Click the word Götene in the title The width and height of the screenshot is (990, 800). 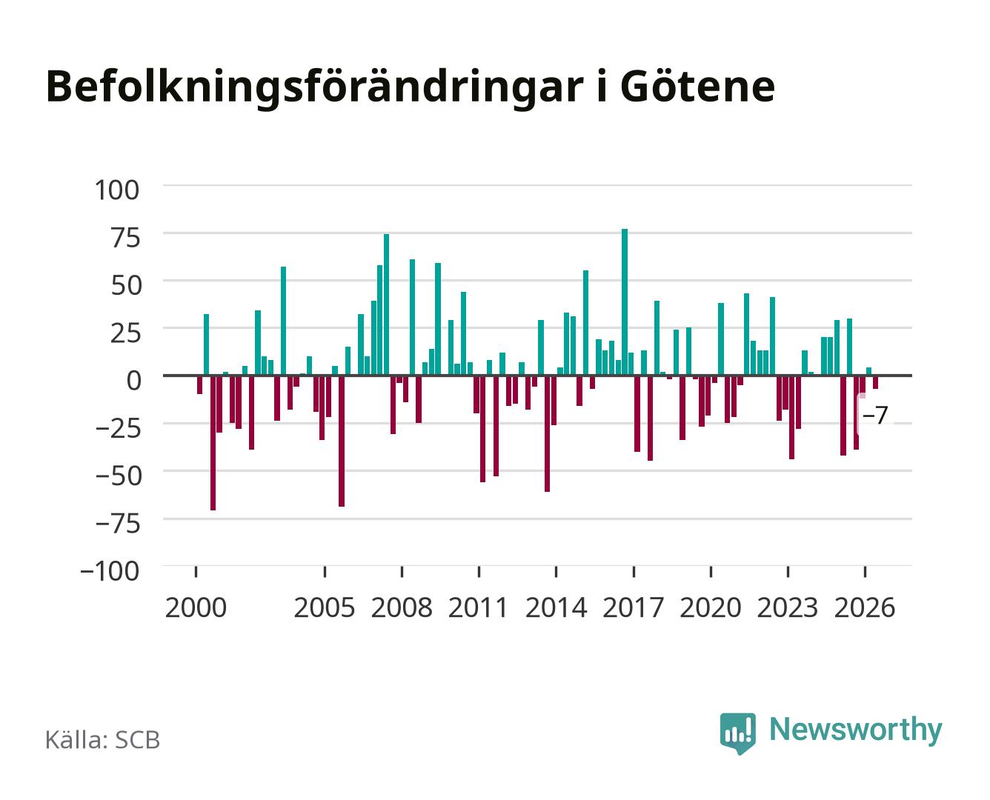697,87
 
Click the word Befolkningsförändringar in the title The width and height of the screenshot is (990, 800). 314,89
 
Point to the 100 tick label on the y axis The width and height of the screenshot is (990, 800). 116,190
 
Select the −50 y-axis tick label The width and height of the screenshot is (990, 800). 119,476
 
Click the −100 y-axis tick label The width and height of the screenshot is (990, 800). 110,571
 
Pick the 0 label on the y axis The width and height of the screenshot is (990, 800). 134,381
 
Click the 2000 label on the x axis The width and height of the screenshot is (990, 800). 196,607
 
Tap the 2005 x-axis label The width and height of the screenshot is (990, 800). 325,607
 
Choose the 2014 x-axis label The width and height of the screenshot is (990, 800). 556,607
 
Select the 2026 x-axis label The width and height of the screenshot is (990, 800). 865,607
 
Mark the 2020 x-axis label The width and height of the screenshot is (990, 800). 710,607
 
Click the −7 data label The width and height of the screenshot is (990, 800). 875,415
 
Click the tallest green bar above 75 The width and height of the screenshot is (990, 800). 625,302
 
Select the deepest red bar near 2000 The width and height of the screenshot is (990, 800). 213,443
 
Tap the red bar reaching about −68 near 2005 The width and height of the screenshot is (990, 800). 342,441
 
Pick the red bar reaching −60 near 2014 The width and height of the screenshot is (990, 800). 547,433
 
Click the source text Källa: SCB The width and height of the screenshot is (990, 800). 103,739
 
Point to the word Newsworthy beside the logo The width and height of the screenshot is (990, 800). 856,730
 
